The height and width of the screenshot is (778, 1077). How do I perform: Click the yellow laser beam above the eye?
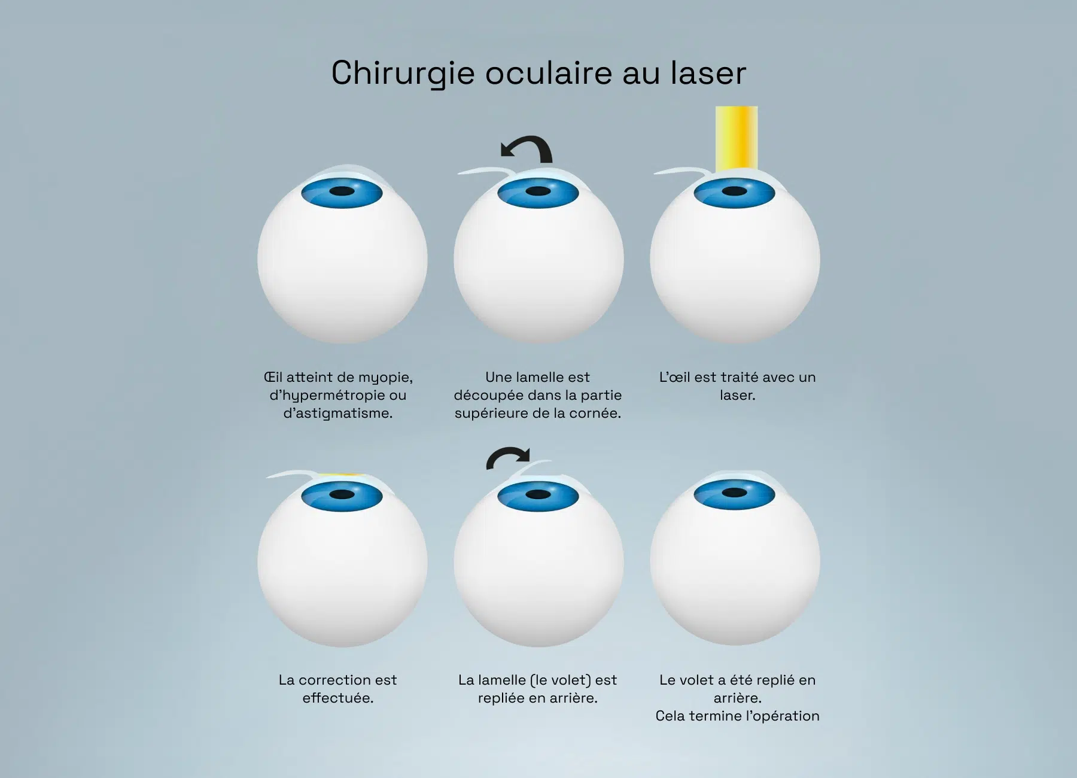point(737,139)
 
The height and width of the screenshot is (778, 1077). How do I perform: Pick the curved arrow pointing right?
point(507,458)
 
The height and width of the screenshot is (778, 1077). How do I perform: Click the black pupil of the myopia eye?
point(342,191)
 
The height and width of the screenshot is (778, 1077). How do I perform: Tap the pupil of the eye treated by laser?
point(735,192)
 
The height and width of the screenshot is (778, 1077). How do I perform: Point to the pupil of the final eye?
point(735,493)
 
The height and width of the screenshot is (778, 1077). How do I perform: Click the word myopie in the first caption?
point(385,378)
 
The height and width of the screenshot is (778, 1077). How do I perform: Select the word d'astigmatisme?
point(338,413)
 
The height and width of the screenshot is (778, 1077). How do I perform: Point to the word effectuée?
point(338,698)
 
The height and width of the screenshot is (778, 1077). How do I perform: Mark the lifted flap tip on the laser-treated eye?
point(656,174)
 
